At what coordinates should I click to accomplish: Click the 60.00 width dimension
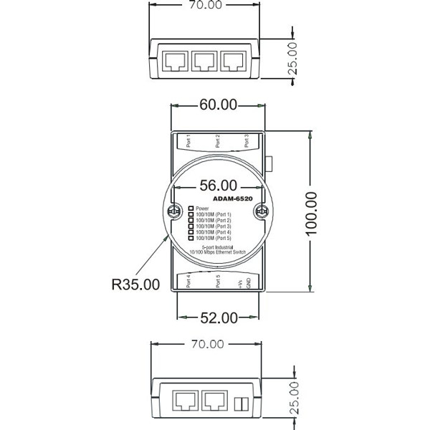pyautogui.click(x=218, y=105)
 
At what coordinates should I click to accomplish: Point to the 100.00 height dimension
pyautogui.click(x=311, y=212)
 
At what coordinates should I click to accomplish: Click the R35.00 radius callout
pyautogui.click(x=135, y=284)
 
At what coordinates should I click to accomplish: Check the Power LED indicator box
pyautogui.click(x=191, y=208)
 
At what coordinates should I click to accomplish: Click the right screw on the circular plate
pyautogui.click(x=262, y=212)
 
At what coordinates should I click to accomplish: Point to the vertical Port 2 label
pyautogui.click(x=217, y=140)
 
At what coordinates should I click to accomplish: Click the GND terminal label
pyautogui.click(x=248, y=282)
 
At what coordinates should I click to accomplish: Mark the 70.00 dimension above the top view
pyautogui.click(x=201, y=4)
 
